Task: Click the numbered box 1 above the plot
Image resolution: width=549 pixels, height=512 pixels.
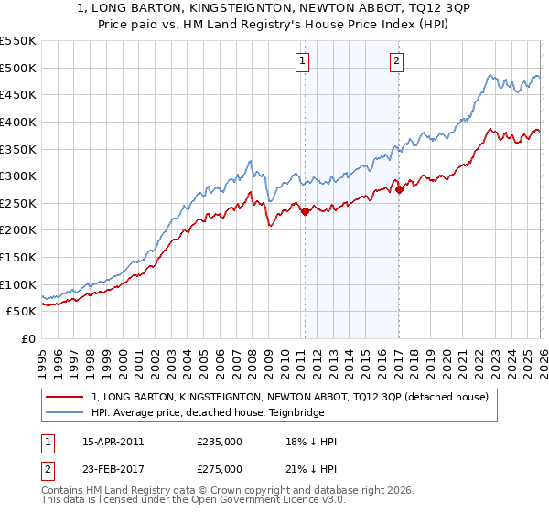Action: click(x=303, y=62)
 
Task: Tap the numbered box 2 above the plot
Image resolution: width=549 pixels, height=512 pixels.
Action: click(x=397, y=62)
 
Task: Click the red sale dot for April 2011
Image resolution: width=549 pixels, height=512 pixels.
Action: click(x=304, y=211)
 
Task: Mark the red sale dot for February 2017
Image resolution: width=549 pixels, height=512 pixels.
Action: click(x=399, y=190)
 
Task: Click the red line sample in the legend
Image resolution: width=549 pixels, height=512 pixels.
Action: click(x=65, y=397)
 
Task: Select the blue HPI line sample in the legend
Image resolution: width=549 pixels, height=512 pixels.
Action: click(x=65, y=412)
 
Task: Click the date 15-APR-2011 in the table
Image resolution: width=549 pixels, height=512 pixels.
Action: click(x=113, y=442)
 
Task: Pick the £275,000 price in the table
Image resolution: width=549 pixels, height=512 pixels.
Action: click(x=219, y=468)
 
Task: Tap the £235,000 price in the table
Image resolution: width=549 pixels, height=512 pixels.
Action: click(x=219, y=442)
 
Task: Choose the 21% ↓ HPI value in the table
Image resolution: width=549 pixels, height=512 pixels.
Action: click(x=311, y=468)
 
